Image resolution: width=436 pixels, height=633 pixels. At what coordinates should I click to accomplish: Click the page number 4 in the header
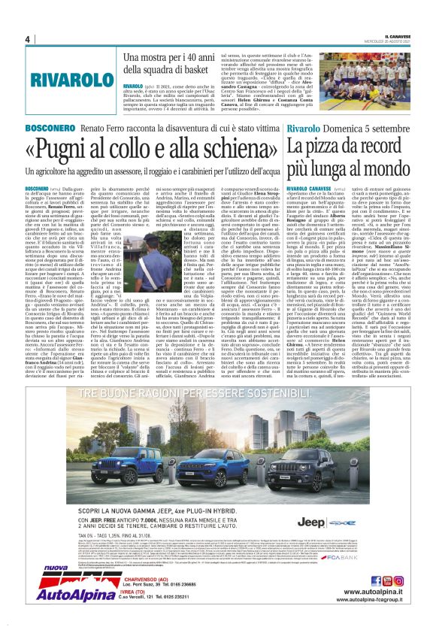26,39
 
